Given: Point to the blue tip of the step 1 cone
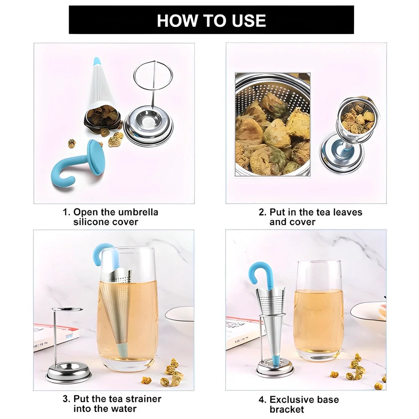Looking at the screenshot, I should [97, 62].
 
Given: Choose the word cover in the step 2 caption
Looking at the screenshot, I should [304, 222].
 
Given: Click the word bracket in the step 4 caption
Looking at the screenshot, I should [287, 409].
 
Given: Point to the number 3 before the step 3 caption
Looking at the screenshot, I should [65, 399].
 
